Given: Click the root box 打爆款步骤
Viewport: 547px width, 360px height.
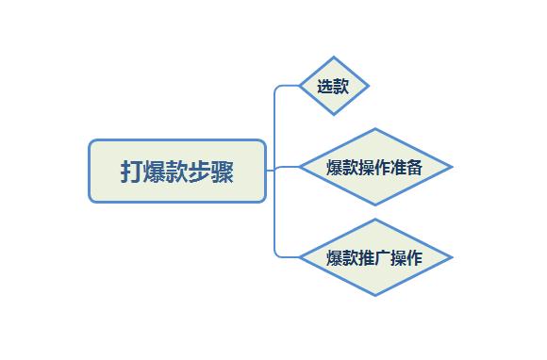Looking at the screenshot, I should pyautogui.click(x=177, y=172).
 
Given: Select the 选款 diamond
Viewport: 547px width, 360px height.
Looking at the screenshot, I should pyautogui.click(x=333, y=86).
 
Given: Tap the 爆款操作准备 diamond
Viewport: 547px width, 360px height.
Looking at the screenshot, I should pyautogui.click(x=374, y=168).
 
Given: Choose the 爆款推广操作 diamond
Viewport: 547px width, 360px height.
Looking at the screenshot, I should pyautogui.click(x=374, y=257).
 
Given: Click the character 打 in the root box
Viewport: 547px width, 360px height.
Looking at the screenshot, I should pyautogui.click(x=131, y=172).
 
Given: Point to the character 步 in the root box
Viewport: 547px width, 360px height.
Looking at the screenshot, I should pyautogui.click(x=199, y=172).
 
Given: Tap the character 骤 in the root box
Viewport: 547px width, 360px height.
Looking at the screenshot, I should pyautogui.click(x=223, y=172).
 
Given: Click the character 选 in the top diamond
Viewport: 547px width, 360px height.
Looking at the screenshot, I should pyautogui.click(x=325, y=87).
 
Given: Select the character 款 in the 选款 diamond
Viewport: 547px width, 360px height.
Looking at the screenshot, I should pyautogui.click(x=341, y=87).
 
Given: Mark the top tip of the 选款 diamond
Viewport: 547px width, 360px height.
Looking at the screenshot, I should pyautogui.click(x=333, y=57).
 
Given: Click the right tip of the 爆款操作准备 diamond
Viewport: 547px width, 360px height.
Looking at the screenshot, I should pyautogui.click(x=452, y=168).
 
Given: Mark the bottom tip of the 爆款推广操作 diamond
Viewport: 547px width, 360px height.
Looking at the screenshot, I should pyautogui.click(x=374, y=295).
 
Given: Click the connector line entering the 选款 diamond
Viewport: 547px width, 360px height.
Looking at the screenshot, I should pyautogui.click(x=287, y=86).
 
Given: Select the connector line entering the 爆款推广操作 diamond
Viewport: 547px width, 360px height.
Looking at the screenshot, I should pyautogui.click(x=287, y=256).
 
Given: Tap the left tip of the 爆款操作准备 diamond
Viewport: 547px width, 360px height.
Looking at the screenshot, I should pyautogui.click(x=299, y=168).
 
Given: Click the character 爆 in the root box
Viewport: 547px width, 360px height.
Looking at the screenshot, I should pyautogui.click(x=154, y=172).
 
